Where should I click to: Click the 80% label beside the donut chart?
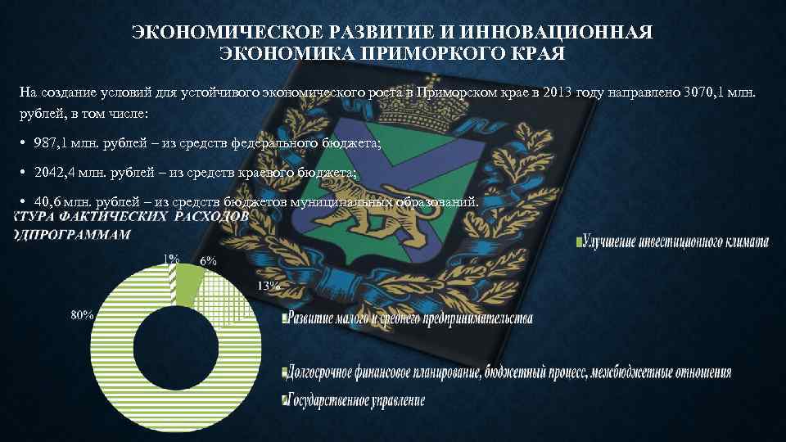(82, 315)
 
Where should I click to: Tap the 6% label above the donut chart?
(208, 260)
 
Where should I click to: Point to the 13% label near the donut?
(268, 286)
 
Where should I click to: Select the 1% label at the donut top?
(172, 258)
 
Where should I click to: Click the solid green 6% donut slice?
(187, 286)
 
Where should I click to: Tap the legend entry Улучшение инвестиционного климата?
(675, 242)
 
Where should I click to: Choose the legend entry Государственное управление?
(356, 400)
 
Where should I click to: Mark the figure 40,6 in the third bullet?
(50, 201)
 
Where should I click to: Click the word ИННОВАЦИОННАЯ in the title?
(561, 33)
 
